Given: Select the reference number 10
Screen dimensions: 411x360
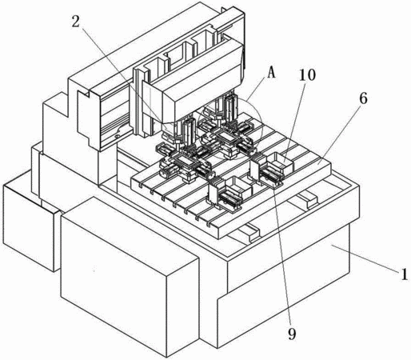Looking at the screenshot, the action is click(x=307, y=75).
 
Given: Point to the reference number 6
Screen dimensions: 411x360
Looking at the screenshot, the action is click(x=363, y=99).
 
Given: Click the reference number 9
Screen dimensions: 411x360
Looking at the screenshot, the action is click(x=292, y=334).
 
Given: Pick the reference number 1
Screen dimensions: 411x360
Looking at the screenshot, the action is click(x=405, y=274).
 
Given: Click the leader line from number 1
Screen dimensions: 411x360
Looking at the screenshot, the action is click(x=365, y=258).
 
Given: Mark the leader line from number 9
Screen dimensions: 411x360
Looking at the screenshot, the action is click(x=282, y=257).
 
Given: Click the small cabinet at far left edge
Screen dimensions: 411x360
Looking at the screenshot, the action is click(x=30, y=226).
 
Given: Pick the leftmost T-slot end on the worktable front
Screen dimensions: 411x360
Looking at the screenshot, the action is click(x=141, y=184).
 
